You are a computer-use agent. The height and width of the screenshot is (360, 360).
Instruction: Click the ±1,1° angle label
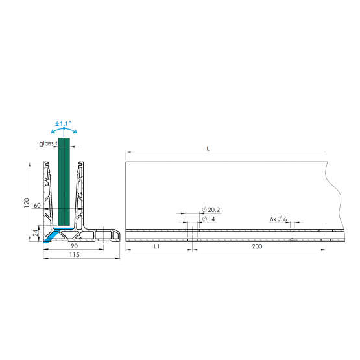(x=63, y=124)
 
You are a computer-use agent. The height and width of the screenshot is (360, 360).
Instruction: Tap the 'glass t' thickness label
(x=48, y=143)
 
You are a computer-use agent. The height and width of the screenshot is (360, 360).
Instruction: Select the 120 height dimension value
(x=27, y=203)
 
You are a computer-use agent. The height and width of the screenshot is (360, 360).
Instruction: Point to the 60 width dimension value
(x=37, y=205)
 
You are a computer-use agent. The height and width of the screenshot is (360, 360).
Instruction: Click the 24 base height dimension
(x=36, y=233)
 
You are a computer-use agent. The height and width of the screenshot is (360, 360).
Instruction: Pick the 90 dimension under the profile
(x=74, y=246)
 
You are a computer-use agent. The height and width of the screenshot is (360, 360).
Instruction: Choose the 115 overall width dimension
(x=75, y=255)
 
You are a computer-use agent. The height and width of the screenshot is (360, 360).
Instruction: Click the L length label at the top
(x=208, y=149)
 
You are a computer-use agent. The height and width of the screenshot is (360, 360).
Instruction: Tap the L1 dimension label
(x=156, y=246)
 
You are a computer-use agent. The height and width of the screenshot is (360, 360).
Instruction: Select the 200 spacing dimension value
(x=257, y=246)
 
